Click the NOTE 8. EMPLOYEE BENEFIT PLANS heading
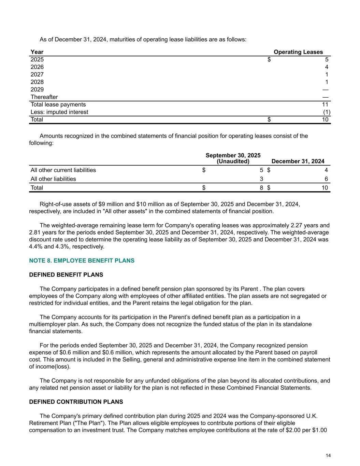tap(82, 260)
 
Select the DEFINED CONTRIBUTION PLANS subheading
tap(76, 402)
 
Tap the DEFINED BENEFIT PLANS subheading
tap(66, 274)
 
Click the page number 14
tap(328, 455)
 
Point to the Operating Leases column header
tap(298, 52)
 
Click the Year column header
tap(37, 52)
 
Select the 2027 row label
tap(37, 74)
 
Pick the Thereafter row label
tap(44, 97)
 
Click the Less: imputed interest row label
tap(59, 112)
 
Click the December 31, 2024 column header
tap(298, 161)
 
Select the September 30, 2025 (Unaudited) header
tap(233, 158)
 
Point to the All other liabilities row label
tap(53, 179)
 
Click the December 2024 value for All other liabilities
tap(326, 179)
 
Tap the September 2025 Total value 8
tap(261, 188)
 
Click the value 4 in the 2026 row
tap(327, 67)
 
